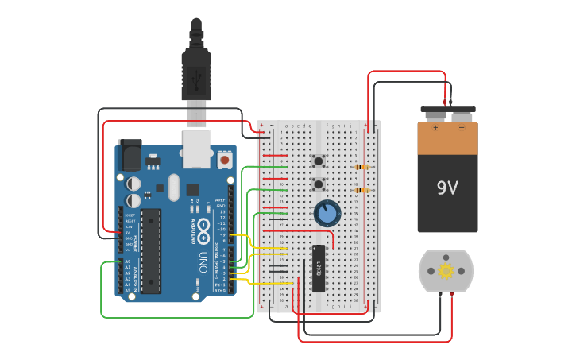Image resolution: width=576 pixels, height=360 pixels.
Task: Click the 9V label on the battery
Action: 447,188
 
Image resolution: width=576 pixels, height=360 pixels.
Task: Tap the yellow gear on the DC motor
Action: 446,271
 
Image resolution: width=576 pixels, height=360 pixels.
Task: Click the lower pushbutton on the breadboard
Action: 319,185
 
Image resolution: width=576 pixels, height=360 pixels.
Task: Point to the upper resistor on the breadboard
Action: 363,167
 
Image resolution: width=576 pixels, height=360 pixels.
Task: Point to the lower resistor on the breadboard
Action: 363,191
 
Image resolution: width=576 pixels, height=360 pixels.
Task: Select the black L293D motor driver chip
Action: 318,269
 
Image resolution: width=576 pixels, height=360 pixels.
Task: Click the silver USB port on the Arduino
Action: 195,149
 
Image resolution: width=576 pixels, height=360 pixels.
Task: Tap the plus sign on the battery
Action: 435,127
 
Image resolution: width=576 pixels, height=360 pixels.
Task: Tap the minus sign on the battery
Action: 462,127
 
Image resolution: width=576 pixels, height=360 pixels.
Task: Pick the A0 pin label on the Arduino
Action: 127,261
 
